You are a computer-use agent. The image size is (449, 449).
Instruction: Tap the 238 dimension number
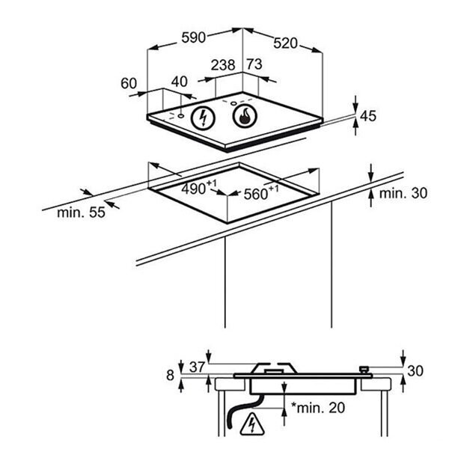[x=222, y=66]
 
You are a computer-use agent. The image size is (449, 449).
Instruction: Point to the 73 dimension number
[x=254, y=65]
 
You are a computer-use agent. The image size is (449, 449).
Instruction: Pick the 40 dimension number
[x=180, y=82]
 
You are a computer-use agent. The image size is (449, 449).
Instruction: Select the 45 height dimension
[x=367, y=116]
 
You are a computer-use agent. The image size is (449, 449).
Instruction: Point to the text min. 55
[x=81, y=212]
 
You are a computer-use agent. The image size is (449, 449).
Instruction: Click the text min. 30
[x=403, y=194]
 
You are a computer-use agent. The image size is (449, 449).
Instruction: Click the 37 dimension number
[x=197, y=366]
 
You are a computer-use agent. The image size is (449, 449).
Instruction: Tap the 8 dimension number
[x=171, y=375]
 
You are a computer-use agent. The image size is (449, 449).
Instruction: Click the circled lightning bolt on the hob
[x=202, y=117]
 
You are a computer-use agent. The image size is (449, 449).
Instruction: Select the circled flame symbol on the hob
[x=243, y=115]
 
